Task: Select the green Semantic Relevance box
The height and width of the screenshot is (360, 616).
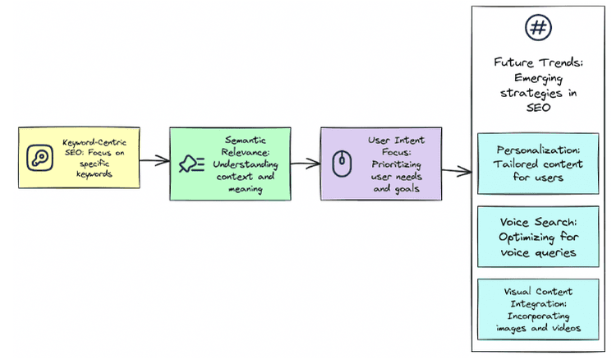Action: click(x=230, y=164)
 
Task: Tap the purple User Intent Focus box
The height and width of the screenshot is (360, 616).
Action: click(x=380, y=164)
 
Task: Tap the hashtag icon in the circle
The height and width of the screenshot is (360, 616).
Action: click(x=538, y=28)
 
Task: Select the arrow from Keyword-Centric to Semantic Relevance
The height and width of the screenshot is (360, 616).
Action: click(x=154, y=159)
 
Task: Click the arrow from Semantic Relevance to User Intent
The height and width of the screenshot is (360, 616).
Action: click(x=305, y=164)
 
